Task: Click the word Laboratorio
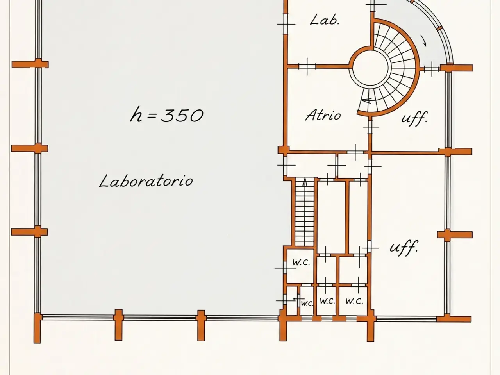[x=146, y=181]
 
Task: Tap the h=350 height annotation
[x=166, y=114]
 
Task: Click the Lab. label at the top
[x=325, y=20]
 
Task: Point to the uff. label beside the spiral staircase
[x=414, y=118]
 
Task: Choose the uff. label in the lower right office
[x=404, y=248]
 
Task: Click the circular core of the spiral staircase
[x=370, y=68]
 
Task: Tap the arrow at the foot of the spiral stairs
[x=366, y=101]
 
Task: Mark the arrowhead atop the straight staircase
[x=305, y=182]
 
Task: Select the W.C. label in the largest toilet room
[x=301, y=262]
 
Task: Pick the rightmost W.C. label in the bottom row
[x=354, y=301]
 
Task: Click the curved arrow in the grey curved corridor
[x=424, y=41]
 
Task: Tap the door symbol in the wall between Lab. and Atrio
[x=307, y=66]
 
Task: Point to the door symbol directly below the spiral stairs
[x=371, y=127]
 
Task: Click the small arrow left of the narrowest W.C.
[x=299, y=299]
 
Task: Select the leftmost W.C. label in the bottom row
[x=307, y=303]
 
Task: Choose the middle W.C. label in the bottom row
[x=327, y=301]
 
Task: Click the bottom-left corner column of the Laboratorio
[x=37, y=328]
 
